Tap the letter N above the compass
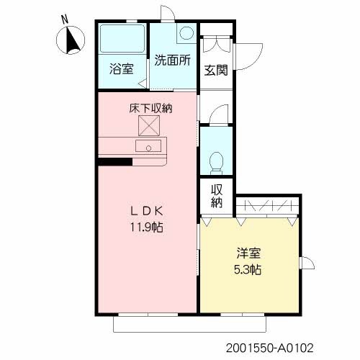tap(66, 19)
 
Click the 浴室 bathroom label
tap(121, 70)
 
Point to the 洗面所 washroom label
tap(173, 60)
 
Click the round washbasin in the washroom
tap(186, 33)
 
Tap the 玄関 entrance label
tap(215, 70)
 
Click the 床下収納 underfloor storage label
tap(150, 109)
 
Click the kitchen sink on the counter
tap(153, 147)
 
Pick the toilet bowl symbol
tap(215, 161)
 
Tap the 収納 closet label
tap(216, 196)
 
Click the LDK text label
tap(148, 211)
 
